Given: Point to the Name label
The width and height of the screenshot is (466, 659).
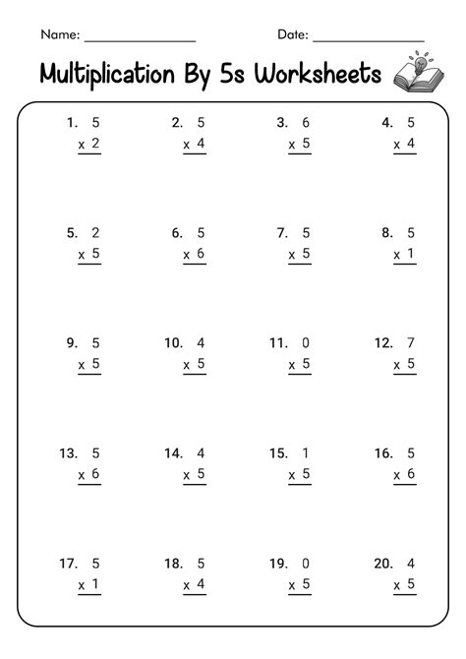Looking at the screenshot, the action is click(x=59, y=34).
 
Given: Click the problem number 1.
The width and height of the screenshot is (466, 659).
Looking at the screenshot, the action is click(x=72, y=123).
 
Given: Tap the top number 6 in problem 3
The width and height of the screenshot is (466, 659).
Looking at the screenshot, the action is click(x=307, y=123).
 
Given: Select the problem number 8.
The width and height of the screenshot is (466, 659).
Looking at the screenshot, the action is click(x=387, y=233).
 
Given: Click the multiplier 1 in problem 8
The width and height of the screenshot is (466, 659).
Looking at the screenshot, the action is click(x=412, y=254).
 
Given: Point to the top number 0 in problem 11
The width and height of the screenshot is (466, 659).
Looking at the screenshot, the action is click(x=307, y=343).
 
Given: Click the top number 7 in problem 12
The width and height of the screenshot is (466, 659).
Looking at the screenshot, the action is click(x=412, y=343).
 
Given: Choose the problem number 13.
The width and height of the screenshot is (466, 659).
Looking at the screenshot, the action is click(x=68, y=453).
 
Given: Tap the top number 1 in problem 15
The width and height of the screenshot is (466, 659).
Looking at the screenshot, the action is click(x=307, y=453).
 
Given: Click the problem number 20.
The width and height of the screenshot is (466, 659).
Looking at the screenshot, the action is click(x=383, y=564).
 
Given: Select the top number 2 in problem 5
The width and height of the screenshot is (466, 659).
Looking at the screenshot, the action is click(x=95, y=233).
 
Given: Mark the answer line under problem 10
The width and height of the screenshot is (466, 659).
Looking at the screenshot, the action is click(x=195, y=375).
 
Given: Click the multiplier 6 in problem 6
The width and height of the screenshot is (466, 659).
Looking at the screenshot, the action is click(x=201, y=254).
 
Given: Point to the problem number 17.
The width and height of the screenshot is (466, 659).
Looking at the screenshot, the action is click(x=68, y=564).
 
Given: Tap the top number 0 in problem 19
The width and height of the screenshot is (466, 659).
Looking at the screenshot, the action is click(x=307, y=564).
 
